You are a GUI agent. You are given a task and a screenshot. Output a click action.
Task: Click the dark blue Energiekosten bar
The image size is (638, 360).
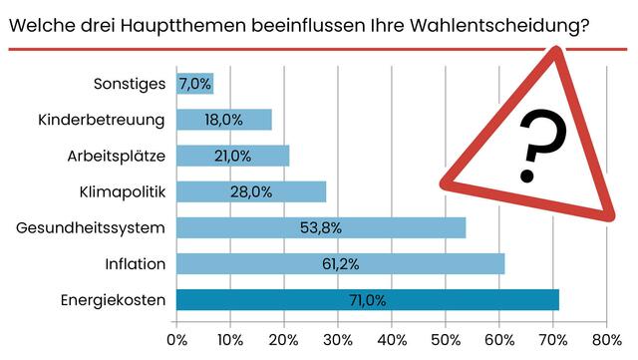(x=368, y=299)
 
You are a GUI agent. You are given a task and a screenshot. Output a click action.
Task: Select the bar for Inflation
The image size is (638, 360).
(x=340, y=263)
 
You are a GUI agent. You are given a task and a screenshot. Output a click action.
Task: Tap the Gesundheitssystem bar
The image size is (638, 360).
(x=321, y=227)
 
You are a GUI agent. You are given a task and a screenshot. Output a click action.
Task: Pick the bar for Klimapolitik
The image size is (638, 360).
(x=251, y=191)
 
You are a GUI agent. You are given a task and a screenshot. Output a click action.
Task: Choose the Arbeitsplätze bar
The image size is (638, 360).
(x=232, y=156)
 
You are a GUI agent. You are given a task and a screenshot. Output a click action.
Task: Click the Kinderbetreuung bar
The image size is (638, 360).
(x=224, y=120)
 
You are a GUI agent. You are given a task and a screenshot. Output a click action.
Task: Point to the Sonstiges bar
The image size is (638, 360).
(x=194, y=84)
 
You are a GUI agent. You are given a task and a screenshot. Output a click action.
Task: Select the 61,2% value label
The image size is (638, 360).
(x=340, y=263)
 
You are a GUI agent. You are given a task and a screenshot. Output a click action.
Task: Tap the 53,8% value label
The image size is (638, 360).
(x=321, y=227)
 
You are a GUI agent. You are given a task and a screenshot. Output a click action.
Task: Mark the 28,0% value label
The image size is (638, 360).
(x=251, y=191)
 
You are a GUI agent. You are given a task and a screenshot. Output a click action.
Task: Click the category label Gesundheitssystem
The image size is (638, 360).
(x=90, y=228)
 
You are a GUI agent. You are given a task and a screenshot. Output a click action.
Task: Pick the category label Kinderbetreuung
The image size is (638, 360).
(x=101, y=120)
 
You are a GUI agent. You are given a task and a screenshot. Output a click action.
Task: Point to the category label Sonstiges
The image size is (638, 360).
(x=128, y=84)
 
